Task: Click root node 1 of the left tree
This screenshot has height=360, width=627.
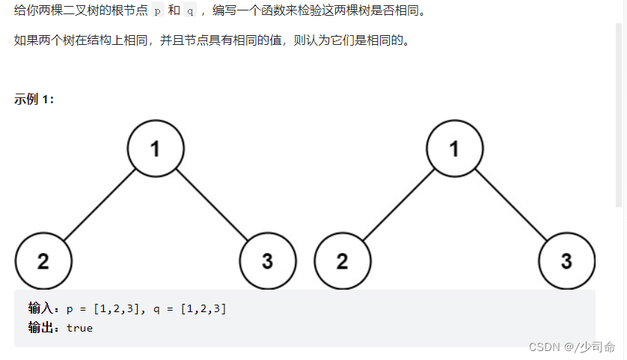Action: pos(156,148)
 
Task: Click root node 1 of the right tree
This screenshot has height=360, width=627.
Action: pos(454,148)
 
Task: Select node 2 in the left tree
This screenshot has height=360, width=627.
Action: pos(43,261)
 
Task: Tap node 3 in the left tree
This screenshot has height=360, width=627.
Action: pos(268,261)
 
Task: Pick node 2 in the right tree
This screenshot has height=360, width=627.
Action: pos(342,261)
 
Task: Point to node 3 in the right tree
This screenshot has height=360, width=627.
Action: pos(566,261)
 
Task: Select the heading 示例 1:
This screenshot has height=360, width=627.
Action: pos(34,100)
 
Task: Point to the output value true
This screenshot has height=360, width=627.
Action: pos(80,328)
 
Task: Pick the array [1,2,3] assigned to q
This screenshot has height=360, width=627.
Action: pos(204,308)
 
